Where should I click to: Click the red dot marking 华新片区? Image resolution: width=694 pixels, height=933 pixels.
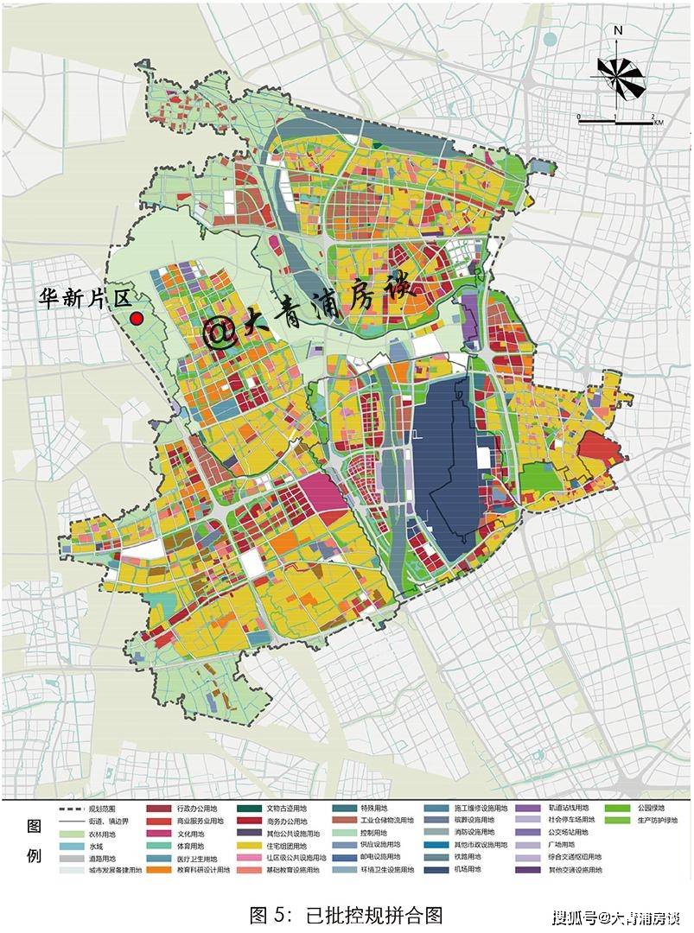click(136, 319)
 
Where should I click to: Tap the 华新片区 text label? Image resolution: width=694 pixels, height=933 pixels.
click(83, 299)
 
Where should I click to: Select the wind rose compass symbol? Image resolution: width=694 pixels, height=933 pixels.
click(619, 75)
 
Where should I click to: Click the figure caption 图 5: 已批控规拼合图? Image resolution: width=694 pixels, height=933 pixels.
click(346, 914)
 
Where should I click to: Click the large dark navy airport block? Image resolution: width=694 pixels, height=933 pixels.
click(446, 466)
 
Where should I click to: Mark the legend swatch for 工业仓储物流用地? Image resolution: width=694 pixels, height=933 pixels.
click(343, 821)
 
